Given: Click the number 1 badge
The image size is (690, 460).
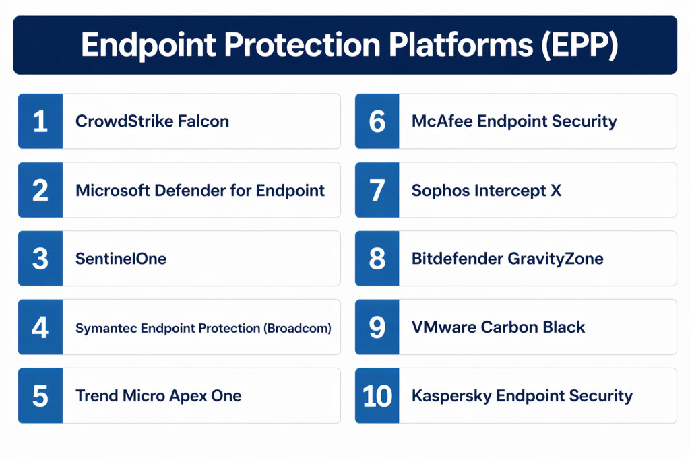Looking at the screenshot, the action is coord(40,121).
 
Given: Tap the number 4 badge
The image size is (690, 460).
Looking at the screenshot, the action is coord(40,327).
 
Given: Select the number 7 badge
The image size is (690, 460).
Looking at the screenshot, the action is coord(377,189).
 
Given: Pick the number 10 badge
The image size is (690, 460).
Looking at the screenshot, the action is coord(377,395).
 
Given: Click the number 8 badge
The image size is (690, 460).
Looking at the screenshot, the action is coord(377,258).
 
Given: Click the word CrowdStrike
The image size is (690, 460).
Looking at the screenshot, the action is coord(124,121).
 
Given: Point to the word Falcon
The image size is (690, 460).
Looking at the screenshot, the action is coord(203,121).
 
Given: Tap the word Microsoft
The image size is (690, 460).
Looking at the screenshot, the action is coord(113,191).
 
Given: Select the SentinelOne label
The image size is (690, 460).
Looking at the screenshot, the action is coord(121,259).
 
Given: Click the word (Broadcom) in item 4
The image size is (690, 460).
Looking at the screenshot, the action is coord(297,328).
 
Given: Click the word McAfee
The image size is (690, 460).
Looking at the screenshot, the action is coord(441,121).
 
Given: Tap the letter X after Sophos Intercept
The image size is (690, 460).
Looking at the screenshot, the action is coord(556,191).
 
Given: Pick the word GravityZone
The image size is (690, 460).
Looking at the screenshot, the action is coord(555,259).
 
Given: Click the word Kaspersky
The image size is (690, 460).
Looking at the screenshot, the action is coord(451,396).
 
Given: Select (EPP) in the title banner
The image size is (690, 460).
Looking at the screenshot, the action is coord(580,45).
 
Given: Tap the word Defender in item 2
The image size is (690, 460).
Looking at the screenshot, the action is coord(189,191).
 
